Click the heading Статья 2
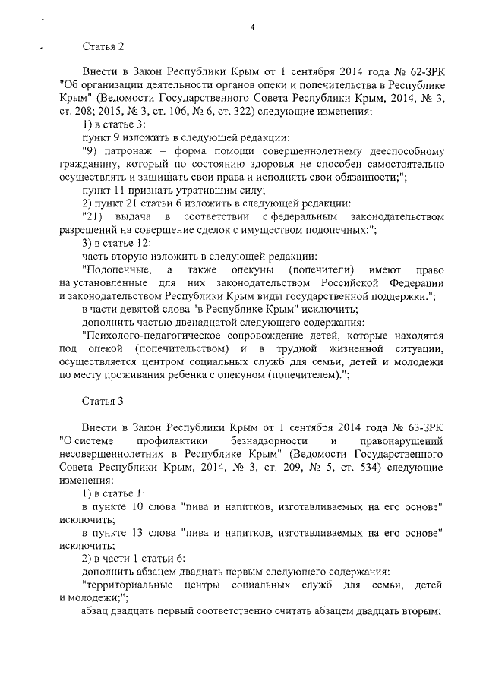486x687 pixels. click(x=103, y=46)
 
